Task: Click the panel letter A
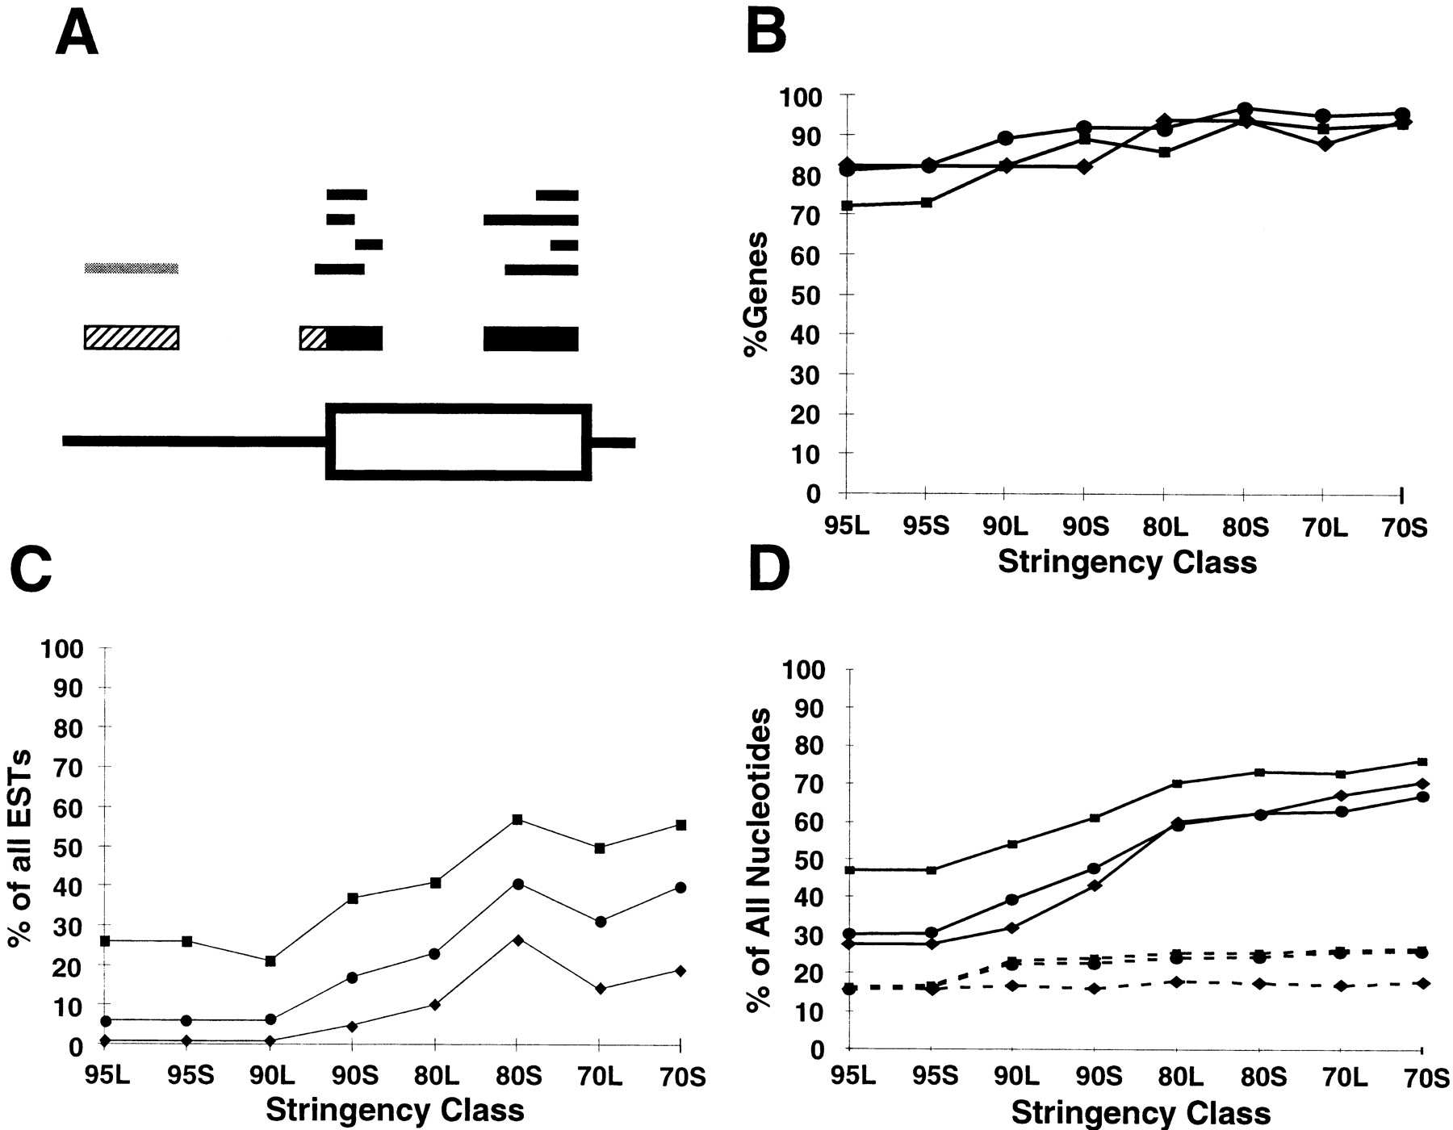pyautogui.click(x=77, y=35)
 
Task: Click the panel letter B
pyautogui.click(x=766, y=35)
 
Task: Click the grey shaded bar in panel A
pyautogui.click(x=132, y=268)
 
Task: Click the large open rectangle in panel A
pyautogui.click(x=459, y=442)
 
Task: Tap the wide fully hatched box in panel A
pyautogui.click(x=132, y=337)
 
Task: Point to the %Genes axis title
pyautogui.click(x=757, y=294)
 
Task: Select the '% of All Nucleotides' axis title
pyautogui.click(x=759, y=860)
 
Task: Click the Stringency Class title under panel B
pyautogui.click(x=1127, y=562)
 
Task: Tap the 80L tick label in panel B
pyautogui.click(x=1163, y=528)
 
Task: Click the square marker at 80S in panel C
pyautogui.click(x=517, y=820)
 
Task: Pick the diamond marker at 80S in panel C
pyautogui.click(x=517, y=940)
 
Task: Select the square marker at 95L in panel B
pyautogui.click(x=847, y=206)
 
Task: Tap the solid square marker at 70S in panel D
pyautogui.click(x=1422, y=762)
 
